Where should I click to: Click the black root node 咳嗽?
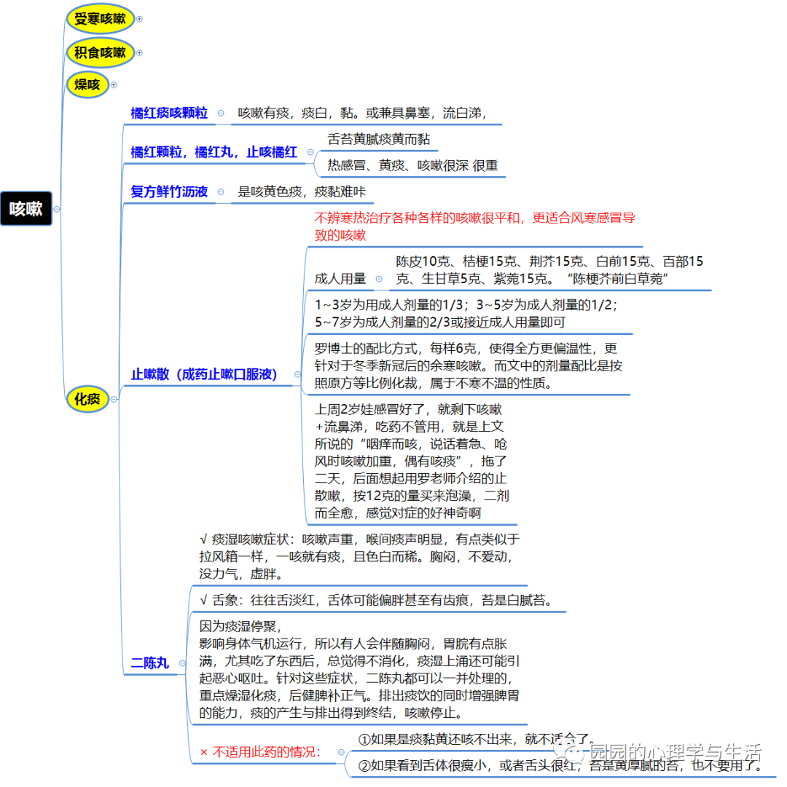[26, 209]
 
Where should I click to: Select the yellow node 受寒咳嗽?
[100, 19]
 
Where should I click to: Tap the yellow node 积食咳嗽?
[100, 52]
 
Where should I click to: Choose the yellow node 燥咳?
[87, 84]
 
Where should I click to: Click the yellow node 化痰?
[87, 398]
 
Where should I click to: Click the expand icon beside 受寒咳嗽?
[139, 19]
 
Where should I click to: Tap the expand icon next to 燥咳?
[114, 84]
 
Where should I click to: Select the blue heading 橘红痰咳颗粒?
[169, 113]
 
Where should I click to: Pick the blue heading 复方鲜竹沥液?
[169, 191]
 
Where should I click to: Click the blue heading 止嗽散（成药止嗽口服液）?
[205, 375]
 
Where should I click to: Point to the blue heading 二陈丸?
[149, 663]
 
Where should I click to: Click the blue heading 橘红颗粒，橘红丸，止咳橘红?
[214, 152]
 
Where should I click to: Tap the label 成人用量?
[340, 279]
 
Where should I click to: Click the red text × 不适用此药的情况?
[261, 752]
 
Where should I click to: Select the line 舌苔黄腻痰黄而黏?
[383, 138]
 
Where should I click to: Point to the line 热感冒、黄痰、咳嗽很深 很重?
[412, 166]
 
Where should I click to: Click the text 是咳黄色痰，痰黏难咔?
[302, 192]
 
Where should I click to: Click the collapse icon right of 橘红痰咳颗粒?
[221, 113]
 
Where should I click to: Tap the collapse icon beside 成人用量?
[379, 279]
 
